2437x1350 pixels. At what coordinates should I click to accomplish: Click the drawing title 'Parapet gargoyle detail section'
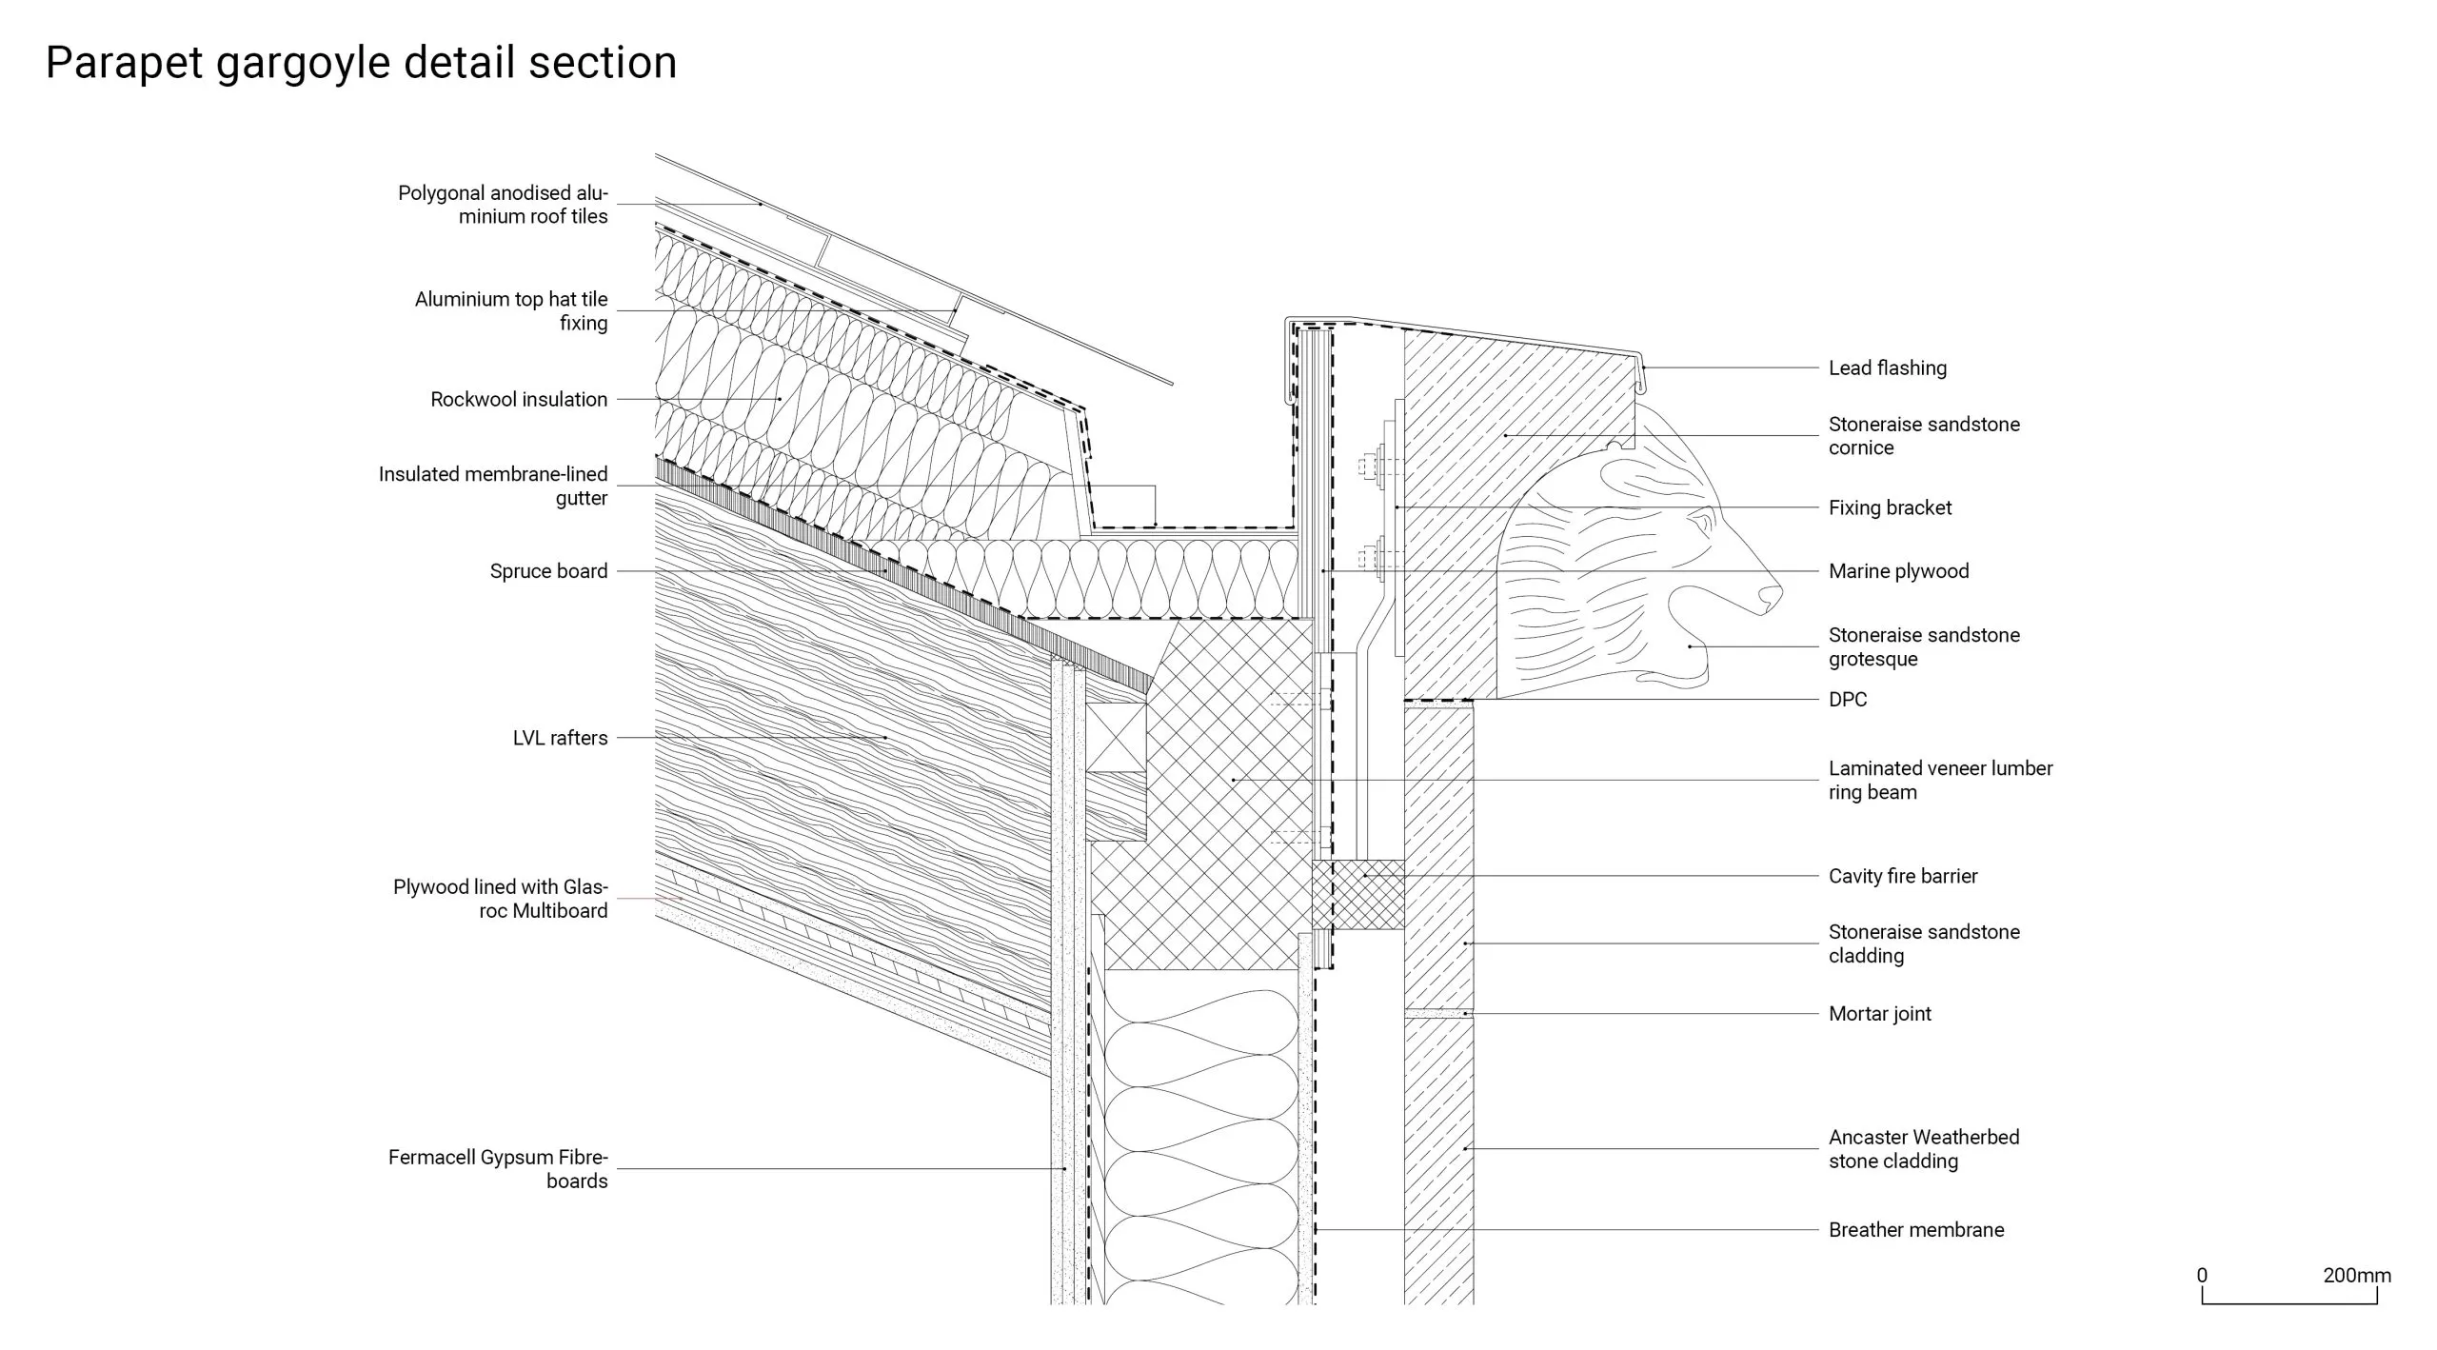coord(361,63)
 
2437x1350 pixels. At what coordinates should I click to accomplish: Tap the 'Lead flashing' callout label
coord(1887,368)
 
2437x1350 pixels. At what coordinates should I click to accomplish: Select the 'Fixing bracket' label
coord(1890,508)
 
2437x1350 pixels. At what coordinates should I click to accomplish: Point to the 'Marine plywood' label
coord(1898,571)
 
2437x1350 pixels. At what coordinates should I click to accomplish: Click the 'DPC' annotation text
coord(1847,700)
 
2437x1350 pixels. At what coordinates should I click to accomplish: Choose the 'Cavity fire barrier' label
coord(1902,876)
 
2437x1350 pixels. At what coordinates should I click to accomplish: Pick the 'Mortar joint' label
coord(1879,1014)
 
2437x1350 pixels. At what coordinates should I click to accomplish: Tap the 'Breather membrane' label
coord(1915,1230)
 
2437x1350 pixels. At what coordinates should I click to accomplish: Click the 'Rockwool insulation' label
coord(519,400)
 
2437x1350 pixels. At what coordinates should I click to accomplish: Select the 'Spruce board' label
coord(548,571)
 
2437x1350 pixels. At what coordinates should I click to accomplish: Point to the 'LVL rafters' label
coord(560,738)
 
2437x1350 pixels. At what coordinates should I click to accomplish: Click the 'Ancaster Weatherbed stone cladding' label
coord(1923,1149)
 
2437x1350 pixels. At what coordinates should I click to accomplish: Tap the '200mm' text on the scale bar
coord(2356,1276)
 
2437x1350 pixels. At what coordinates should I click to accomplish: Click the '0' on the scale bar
coord(2202,1276)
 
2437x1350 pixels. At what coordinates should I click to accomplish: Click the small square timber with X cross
coord(1116,737)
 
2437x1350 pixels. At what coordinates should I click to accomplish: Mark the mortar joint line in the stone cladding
coord(1438,1014)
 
